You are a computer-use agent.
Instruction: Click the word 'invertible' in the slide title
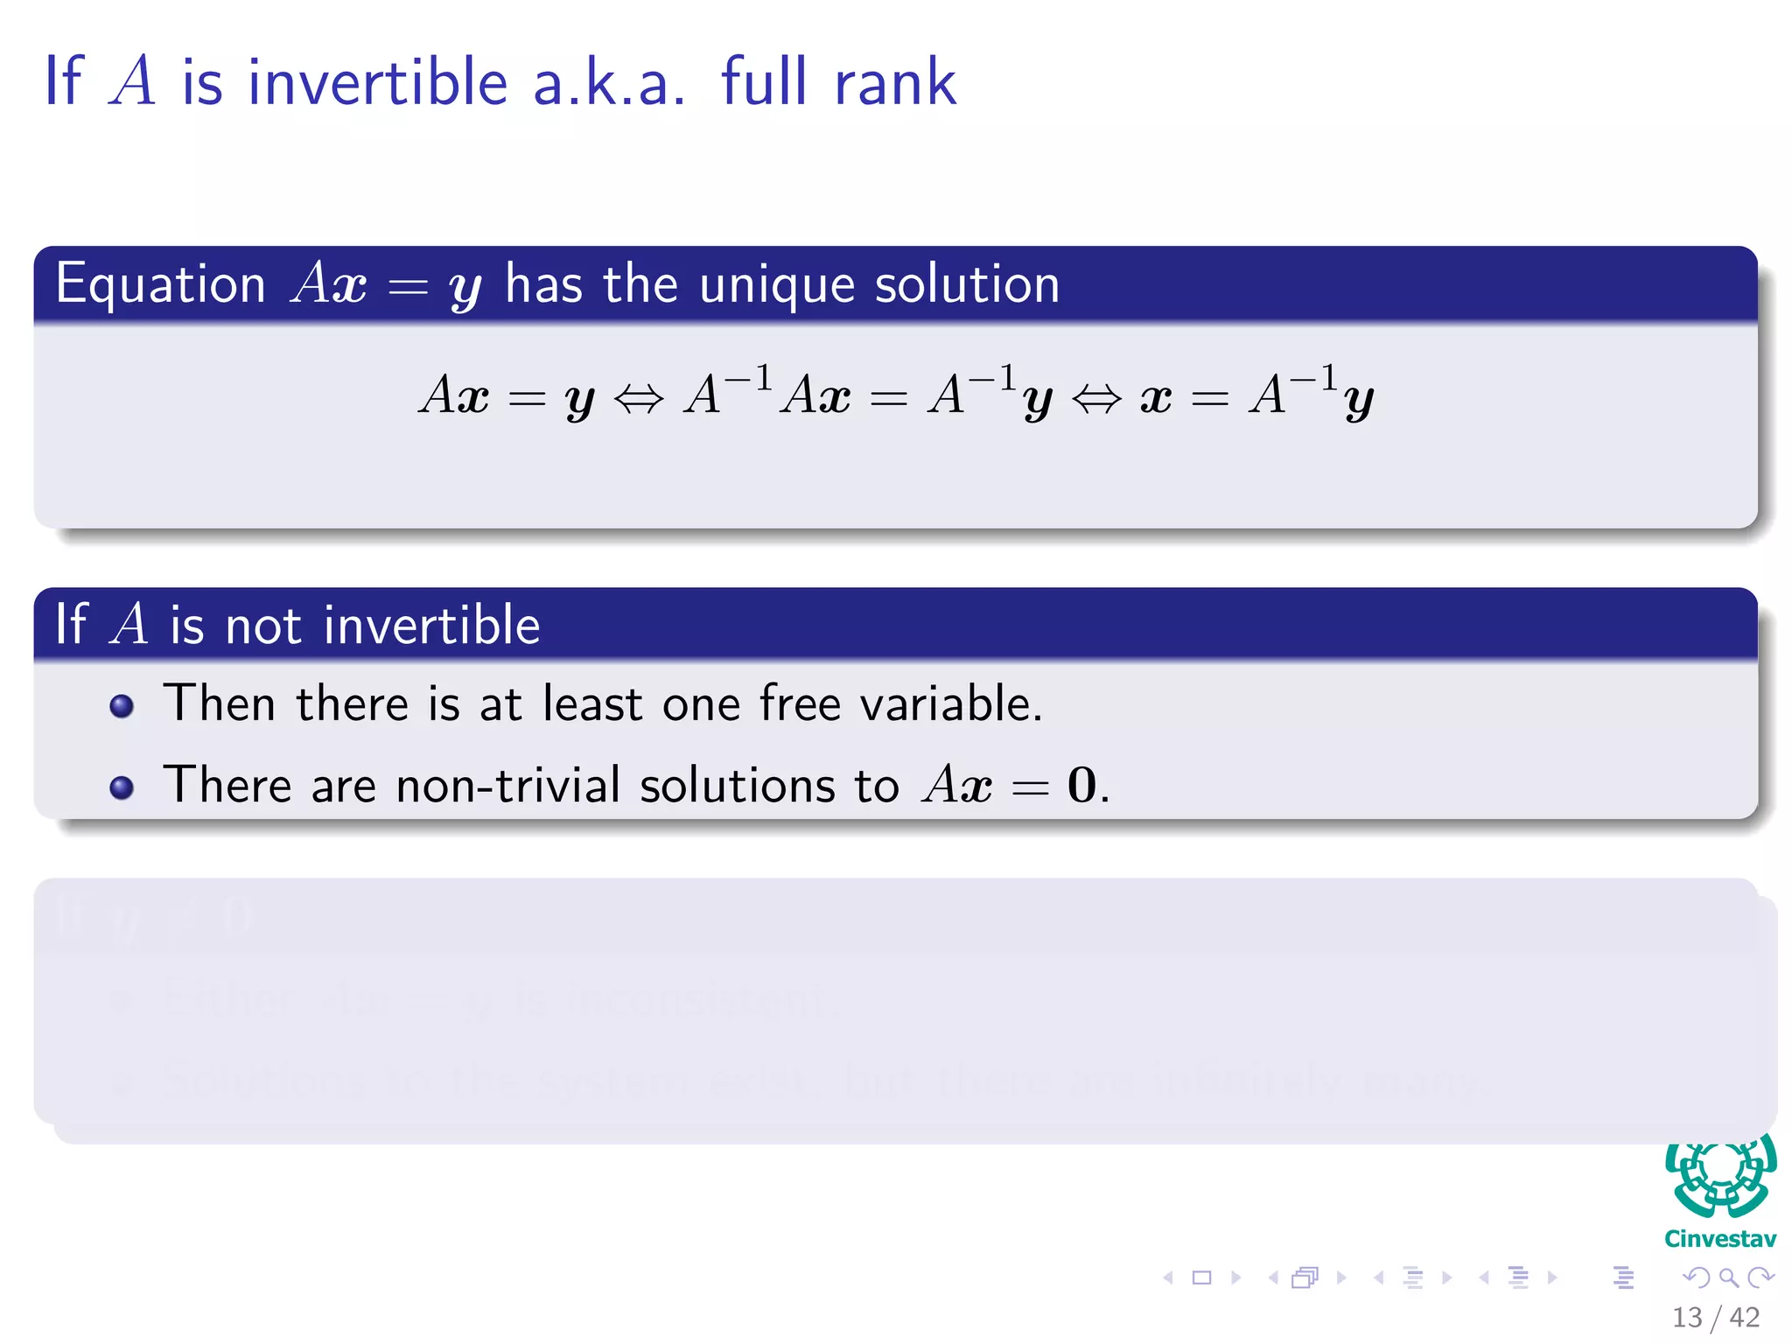point(377,82)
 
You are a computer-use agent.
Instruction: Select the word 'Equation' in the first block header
point(160,285)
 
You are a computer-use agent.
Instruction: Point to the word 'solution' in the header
point(967,285)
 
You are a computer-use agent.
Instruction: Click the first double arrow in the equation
point(639,399)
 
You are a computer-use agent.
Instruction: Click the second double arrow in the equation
point(1095,399)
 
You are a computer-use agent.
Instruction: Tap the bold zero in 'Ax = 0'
point(1081,784)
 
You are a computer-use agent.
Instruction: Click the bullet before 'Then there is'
point(122,706)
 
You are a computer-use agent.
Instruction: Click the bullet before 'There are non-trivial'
point(122,787)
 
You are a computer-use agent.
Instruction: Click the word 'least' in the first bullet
point(592,703)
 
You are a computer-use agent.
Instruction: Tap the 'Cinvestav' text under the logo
point(1720,1239)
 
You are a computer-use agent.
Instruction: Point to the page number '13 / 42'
point(1715,1317)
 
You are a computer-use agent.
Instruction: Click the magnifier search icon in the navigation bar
point(1728,1277)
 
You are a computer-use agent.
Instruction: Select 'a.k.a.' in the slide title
point(608,82)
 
